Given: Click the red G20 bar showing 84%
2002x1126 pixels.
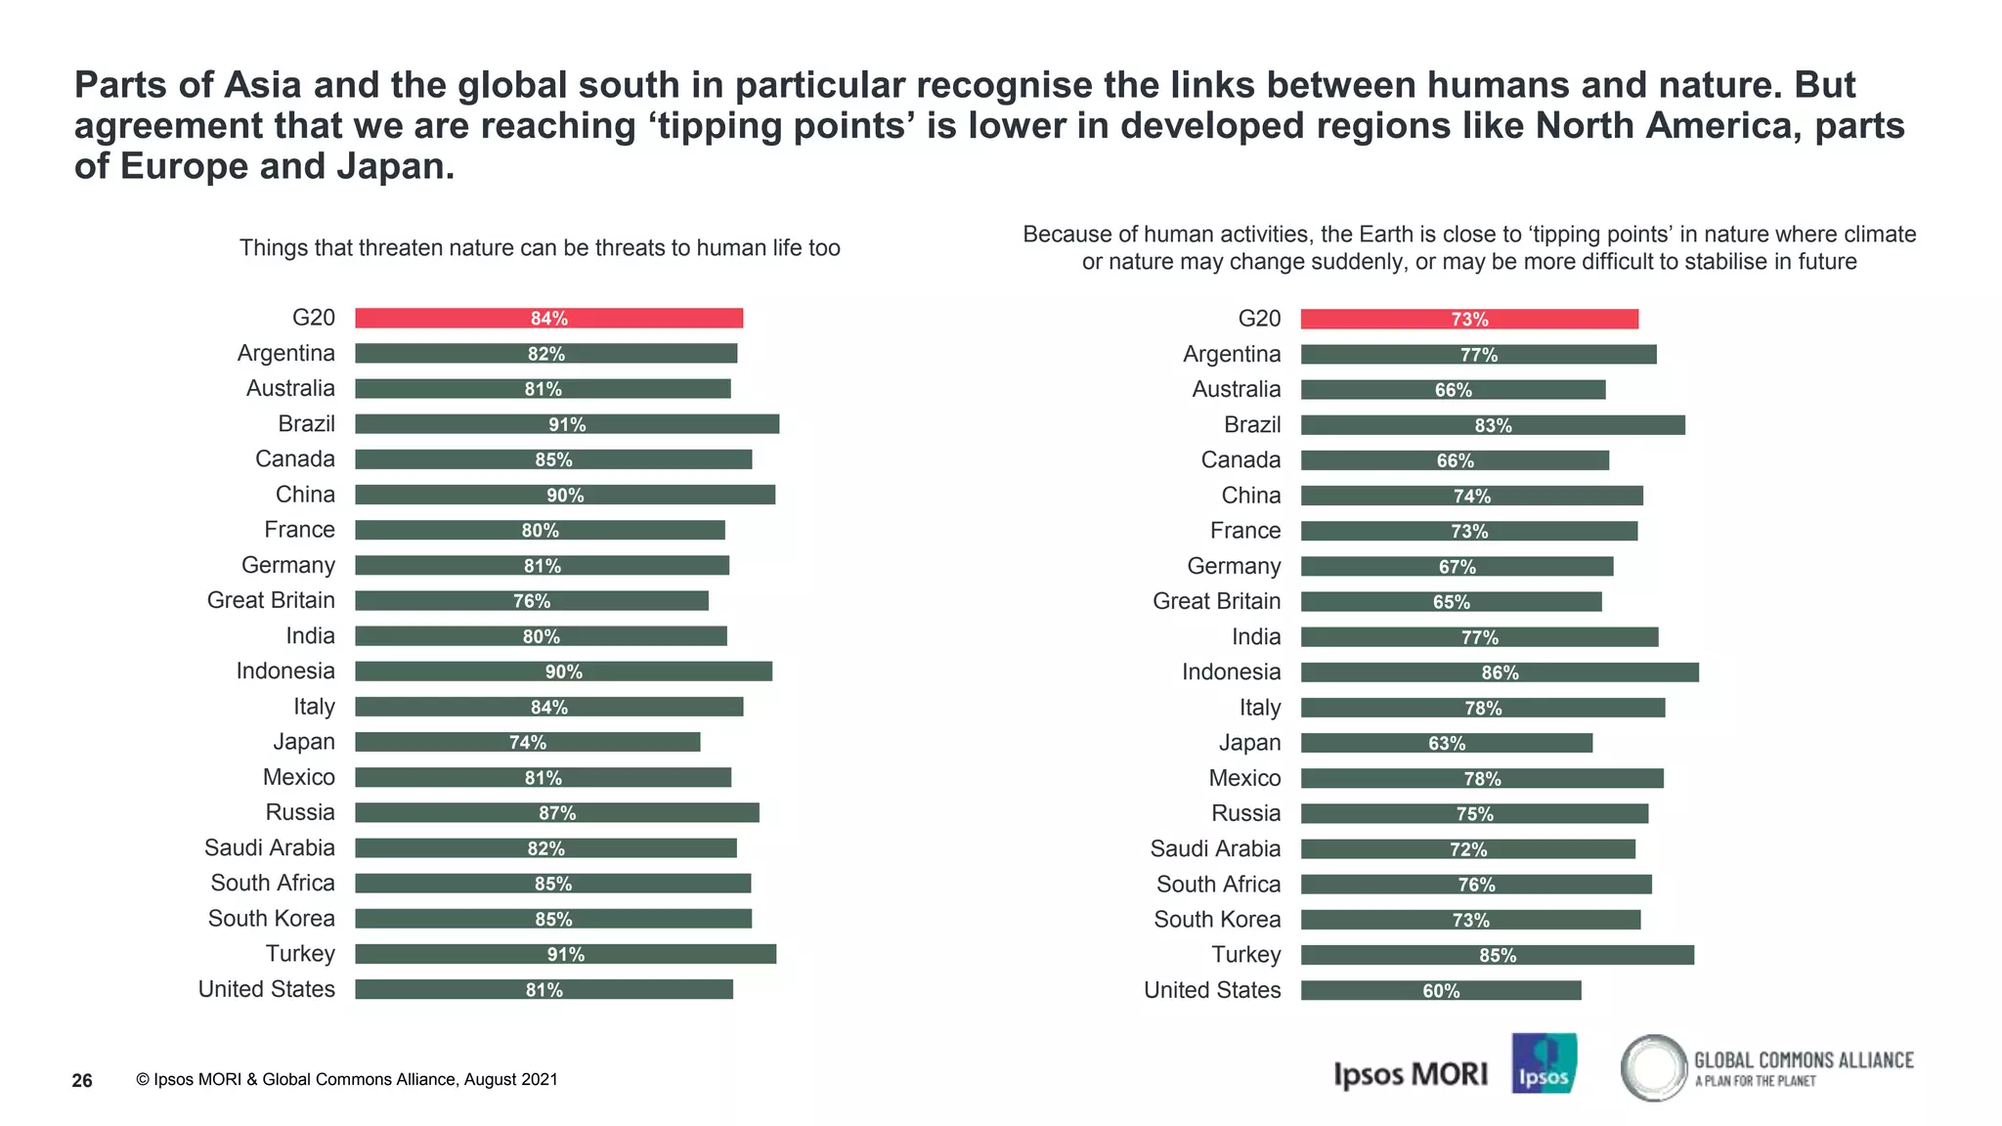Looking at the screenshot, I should pos(548,318).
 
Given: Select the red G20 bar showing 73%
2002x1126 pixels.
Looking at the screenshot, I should pos(1469,319).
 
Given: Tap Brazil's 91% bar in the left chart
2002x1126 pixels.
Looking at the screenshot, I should pos(567,424).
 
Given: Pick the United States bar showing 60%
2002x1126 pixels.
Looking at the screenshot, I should pos(1441,990).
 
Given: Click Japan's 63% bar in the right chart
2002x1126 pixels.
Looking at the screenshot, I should pos(1447,743).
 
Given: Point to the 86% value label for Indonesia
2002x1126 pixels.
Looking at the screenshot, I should pos(1500,672).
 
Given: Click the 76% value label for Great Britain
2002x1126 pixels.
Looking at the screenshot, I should pos(532,601).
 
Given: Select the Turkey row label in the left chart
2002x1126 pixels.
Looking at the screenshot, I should pos(300,954).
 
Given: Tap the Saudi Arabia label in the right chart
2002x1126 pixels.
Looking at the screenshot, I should pos(1215,848).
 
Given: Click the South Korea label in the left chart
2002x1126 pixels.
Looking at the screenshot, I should pos(271,919).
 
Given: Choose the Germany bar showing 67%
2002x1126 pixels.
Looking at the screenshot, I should pos(1457,567).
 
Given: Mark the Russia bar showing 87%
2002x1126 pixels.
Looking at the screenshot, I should pos(557,813).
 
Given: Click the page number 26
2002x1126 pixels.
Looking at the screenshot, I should pos(82,1080).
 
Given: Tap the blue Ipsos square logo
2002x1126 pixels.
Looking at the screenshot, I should pos(1544,1063).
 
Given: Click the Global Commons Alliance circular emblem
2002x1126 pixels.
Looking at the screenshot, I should pos(1653,1067).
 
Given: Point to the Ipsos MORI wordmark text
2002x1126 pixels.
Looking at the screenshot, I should pos(1410,1074).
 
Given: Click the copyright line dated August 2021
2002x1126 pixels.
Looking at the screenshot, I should pos(347,1079).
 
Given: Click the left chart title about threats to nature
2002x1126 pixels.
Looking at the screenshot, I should pos(540,248).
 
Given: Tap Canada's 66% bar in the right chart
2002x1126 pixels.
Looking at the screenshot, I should pos(1455,460).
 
